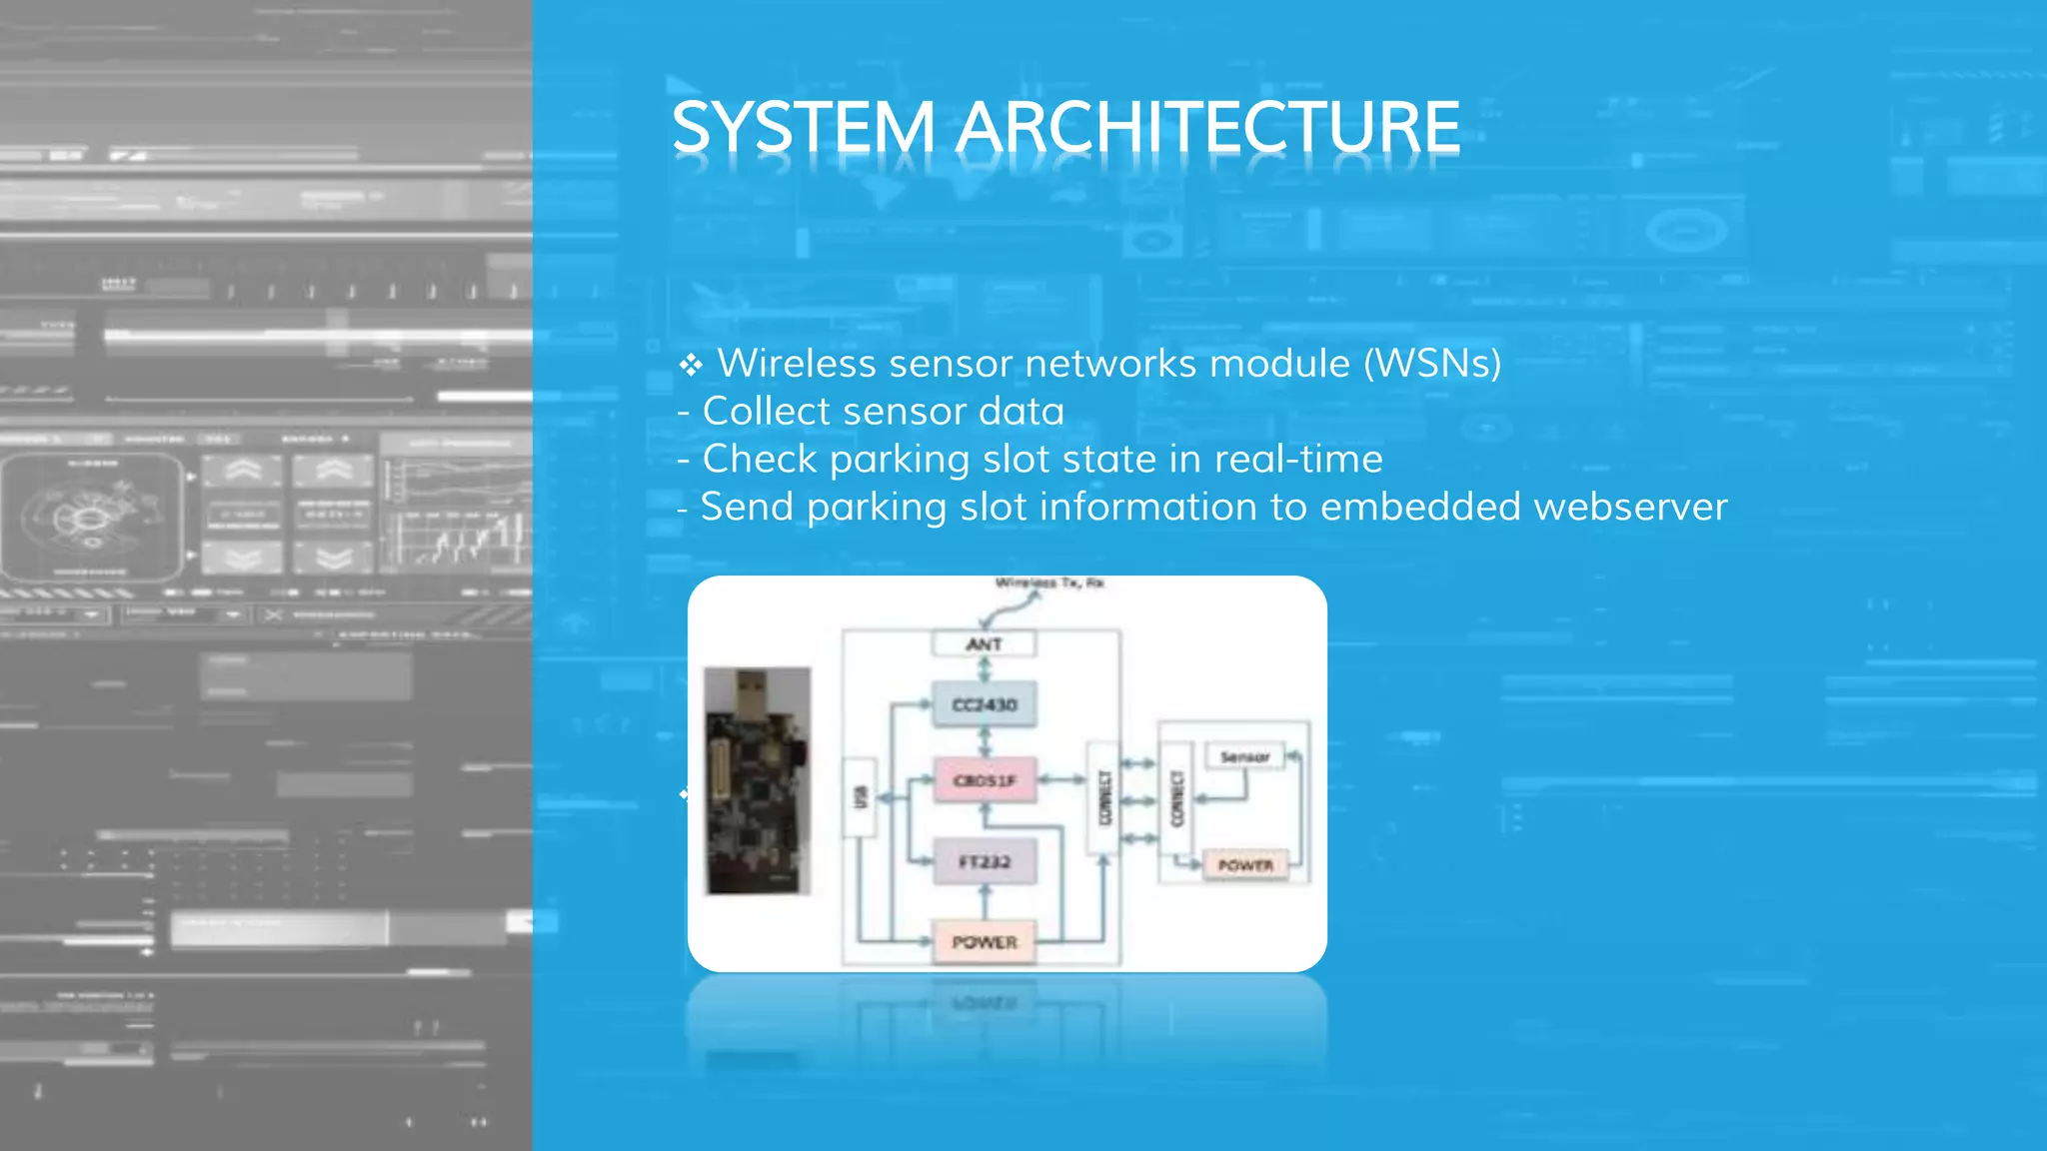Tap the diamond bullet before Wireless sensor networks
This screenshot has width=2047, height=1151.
pyautogui.click(x=691, y=366)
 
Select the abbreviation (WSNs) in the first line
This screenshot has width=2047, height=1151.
pyautogui.click(x=1432, y=364)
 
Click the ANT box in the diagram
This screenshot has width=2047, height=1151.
pyautogui.click(x=984, y=644)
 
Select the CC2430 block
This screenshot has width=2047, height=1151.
pyautogui.click(x=984, y=705)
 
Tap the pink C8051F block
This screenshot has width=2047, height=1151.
pyautogui.click(x=984, y=780)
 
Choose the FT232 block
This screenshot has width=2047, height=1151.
pyautogui.click(x=984, y=861)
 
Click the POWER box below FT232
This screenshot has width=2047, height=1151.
pyautogui.click(x=984, y=942)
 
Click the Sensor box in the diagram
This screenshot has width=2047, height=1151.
pyautogui.click(x=1244, y=757)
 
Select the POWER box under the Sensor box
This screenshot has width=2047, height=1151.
pyautogui.click(x=1245, y=865)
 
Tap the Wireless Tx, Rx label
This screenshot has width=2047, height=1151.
pyautogui.click(x=1049, y=583)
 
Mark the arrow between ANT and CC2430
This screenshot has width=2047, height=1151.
pyautogui.click(x=985, y=669)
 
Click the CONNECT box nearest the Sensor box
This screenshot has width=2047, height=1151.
pyautogui.click(x=1176, y=798)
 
